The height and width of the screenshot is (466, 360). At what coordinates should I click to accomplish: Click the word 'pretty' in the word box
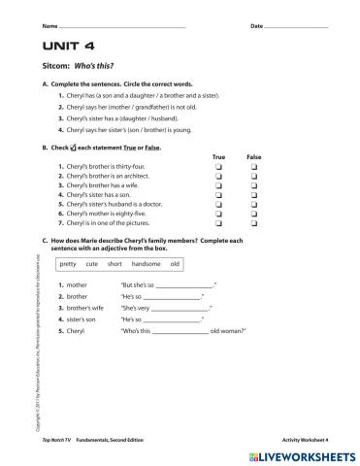click(x=68, y=264)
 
